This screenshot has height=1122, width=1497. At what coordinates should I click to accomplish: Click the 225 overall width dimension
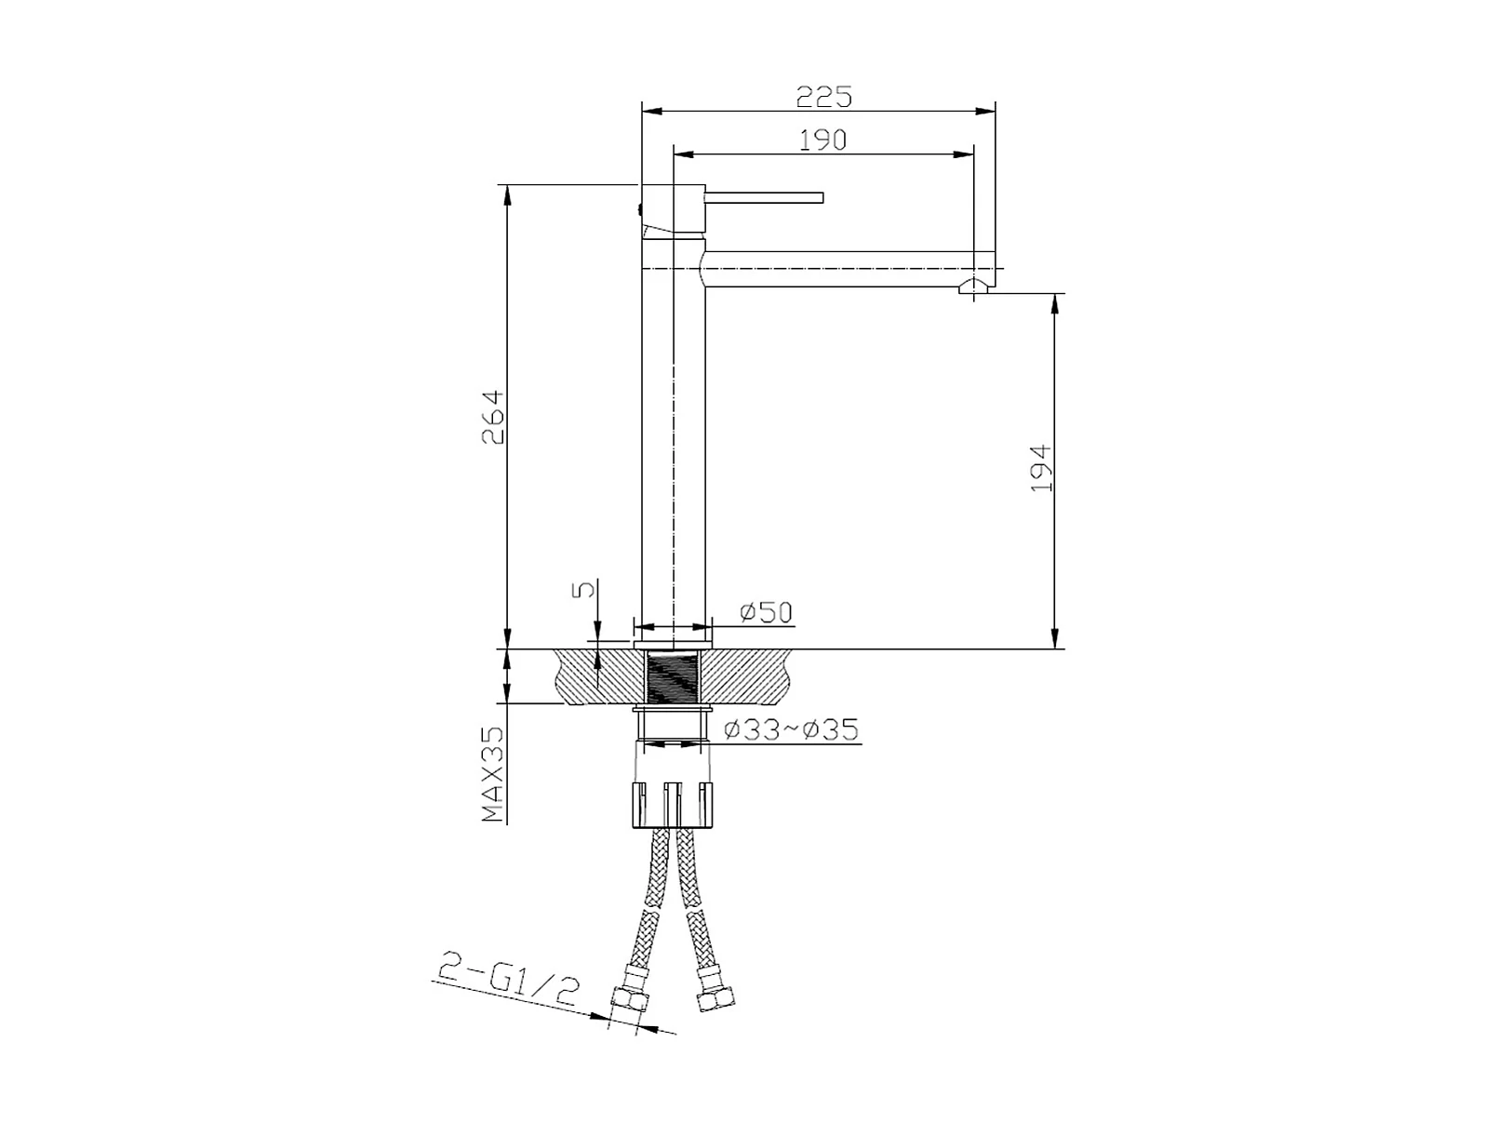(823, 97)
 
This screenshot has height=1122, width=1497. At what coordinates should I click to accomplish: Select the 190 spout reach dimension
(822, 140)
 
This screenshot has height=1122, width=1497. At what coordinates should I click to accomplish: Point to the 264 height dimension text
(492, 417)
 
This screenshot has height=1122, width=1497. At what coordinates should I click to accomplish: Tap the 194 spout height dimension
(1041, 468)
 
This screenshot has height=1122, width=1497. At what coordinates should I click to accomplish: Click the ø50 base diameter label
(767, 613)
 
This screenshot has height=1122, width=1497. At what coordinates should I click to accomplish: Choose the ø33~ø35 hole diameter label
(791, 730)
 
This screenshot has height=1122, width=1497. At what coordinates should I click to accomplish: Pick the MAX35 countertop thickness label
(492, 774)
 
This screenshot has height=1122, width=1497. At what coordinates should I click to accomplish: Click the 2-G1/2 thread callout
(508, 980)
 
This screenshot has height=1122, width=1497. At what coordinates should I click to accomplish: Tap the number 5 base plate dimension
(582, 589)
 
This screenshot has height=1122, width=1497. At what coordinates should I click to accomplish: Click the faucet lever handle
(764, 197)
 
